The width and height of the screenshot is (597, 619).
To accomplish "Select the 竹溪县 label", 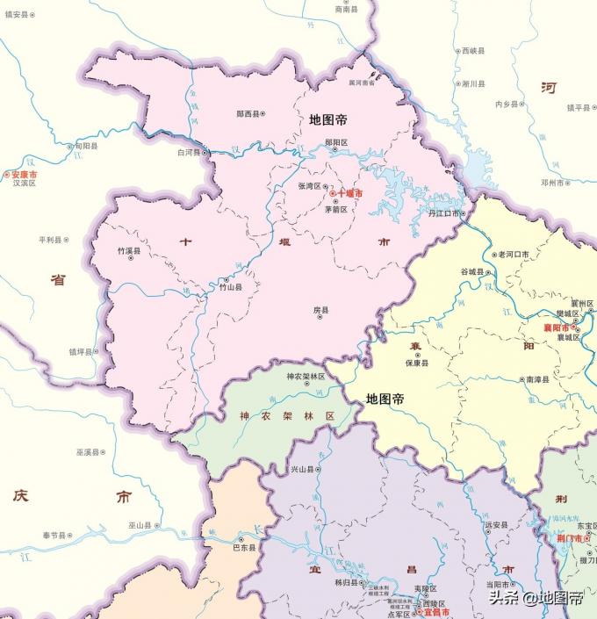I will pos(128,251).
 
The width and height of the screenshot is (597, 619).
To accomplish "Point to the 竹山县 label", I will pos(231,287).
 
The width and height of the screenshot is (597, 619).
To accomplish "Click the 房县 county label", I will pos(321,311).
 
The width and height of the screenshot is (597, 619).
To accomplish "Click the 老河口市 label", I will pos(513,255).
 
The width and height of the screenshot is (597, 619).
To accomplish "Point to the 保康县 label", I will pos(416,363).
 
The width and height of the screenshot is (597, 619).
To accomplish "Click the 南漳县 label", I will pos(536,380).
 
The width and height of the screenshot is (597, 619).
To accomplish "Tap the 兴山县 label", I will pos(302,471).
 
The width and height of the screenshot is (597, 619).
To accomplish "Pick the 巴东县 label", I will pos(243,547).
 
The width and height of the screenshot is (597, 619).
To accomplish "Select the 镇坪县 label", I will pos(81,351).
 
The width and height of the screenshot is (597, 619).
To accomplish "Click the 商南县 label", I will pos(348,10).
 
